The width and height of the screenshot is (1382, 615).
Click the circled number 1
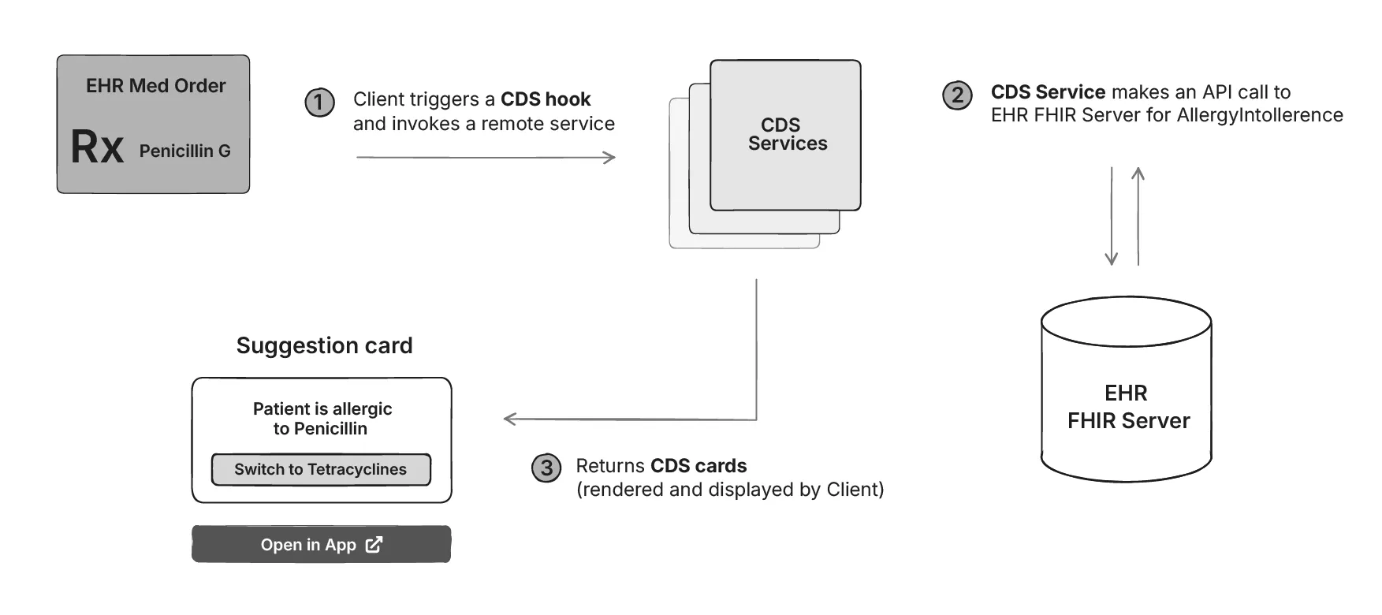[319, 102]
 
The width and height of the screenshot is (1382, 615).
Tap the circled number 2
[957, 95]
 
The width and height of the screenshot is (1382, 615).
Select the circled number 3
[546, 468]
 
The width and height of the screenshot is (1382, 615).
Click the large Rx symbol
[97, 147]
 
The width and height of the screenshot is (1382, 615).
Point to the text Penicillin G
[184, 151]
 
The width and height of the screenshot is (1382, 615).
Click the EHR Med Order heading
[155, 86]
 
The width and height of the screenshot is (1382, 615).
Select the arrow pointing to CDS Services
[486, 158]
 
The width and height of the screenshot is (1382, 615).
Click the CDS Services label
[786, 134]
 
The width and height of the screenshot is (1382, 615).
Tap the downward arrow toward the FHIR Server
[1112, 216]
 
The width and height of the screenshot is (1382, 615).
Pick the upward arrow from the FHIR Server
[1138, 216]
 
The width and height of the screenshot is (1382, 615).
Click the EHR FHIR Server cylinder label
[1127, 407]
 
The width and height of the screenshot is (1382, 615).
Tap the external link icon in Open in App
[374, 545]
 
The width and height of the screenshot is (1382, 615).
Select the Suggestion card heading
[324, 345]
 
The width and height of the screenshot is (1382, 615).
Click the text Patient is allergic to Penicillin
[322, 419]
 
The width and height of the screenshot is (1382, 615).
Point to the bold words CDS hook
[546, 99]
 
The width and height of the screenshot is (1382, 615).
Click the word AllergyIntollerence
[1259, 115]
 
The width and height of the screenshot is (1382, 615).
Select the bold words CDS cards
[698, 466]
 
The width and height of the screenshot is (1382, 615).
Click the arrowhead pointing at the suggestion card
[510, 419]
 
